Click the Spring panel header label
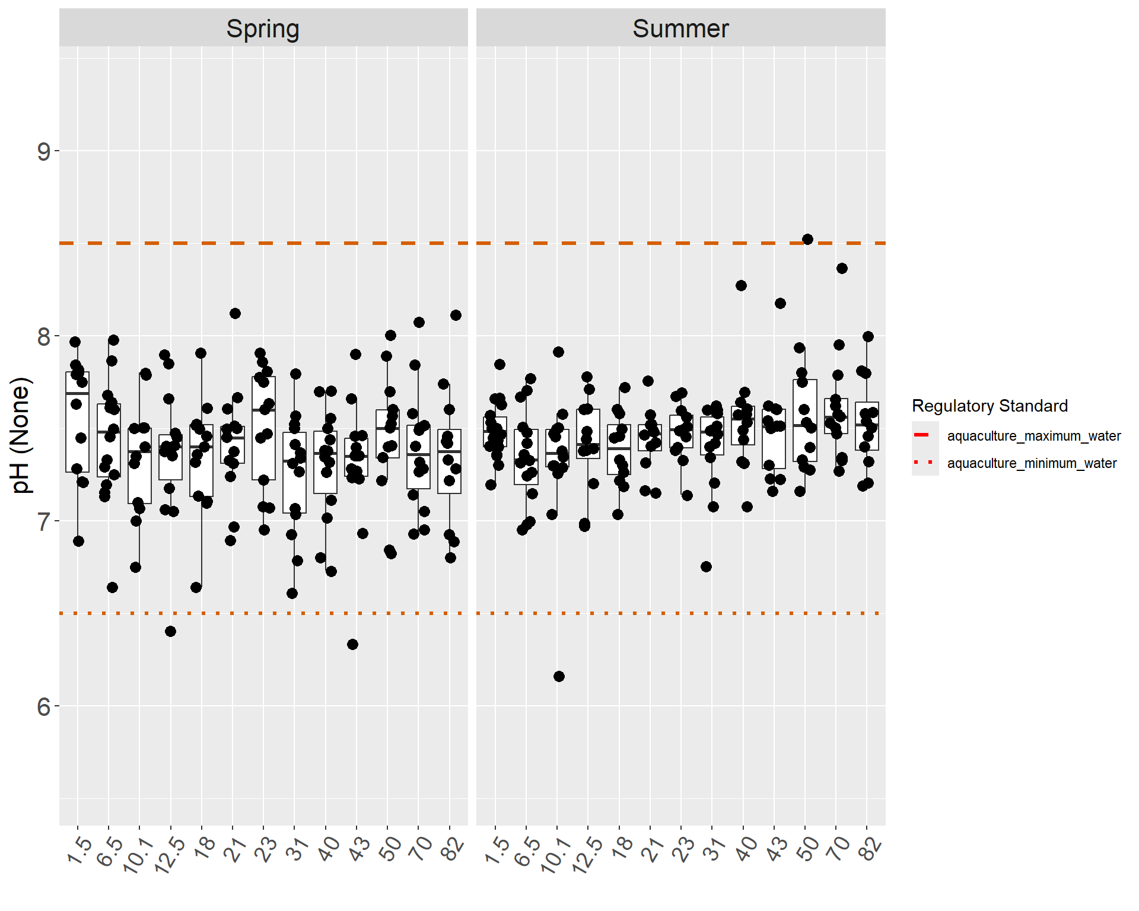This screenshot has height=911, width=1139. [x=263, y=28]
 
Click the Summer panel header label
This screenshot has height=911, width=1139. [x=680, y=28]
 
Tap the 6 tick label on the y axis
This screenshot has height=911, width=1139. [x=44, y=707]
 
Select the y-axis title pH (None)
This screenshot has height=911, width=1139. [x=21, y=435]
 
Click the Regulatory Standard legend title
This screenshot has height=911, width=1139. [x=990, y=406]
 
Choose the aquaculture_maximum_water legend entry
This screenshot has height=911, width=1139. [x=1033, y=436]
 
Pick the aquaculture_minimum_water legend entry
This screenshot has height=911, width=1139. [x=1032, y=463]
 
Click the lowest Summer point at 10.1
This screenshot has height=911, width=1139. [x=559, y=676]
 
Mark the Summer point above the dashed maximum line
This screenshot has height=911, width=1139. [x=807, y=239]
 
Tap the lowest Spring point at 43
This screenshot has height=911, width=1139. [x=352, y=644]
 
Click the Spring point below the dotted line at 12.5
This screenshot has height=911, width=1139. [x=170, y=631]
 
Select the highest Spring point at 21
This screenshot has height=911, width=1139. [x=235, y=313]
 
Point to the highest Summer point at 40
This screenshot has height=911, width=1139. [x=741, y=285]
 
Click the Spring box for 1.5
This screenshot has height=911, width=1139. [x=77, y=422]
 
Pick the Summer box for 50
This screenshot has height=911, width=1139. [x=805, y=421]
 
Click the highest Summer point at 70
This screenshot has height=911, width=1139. [x=842, y=268]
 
